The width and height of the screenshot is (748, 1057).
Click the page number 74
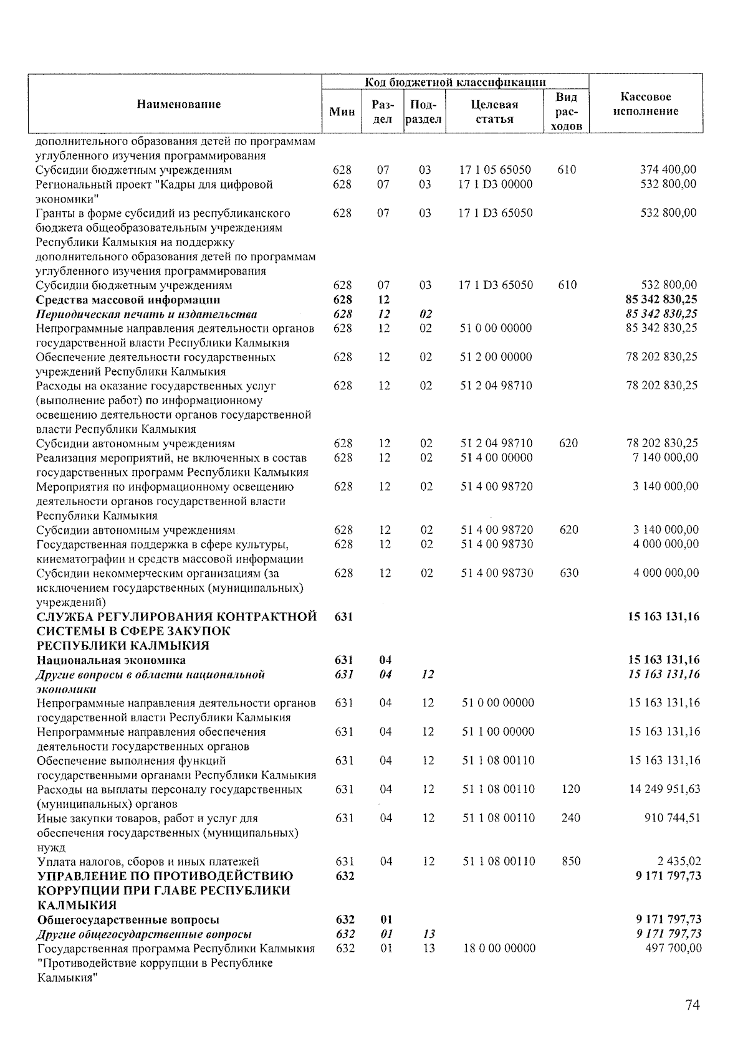pos(693,1005)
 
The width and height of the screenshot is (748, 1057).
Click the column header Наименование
pos(179,105)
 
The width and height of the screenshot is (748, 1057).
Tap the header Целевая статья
pos(495,112)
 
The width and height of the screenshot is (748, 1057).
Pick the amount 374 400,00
pos(668,169)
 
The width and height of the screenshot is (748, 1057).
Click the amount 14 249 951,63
pos(664,789)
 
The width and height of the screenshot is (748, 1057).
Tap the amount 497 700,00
pos(673,948)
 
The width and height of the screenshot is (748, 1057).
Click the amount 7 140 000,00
pos(666,458)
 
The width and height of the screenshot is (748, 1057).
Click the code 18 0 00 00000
pos(499,948)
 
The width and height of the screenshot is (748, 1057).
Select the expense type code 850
pos(570,861)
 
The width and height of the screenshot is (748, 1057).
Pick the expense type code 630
pos(569,573)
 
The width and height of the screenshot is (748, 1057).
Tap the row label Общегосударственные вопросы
pos(128,920)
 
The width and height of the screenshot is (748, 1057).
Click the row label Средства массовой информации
pos(128,300)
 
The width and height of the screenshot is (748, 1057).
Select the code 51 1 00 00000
pos(498,732)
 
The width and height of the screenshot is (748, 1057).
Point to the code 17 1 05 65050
pos(495,169)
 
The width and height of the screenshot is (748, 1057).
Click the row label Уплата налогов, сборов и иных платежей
pos(148,862)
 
